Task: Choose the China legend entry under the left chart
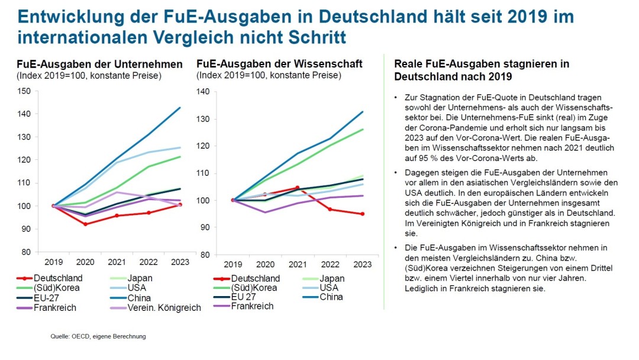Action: [x=138, y=298]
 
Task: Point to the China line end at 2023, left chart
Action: [x=180, y=107]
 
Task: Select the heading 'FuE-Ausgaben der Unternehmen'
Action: [x=99, y=64]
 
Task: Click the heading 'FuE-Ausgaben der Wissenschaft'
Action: [x=279, y=64]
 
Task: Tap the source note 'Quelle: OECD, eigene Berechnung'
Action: [x=98, y=336]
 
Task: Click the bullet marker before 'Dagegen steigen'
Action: [x=396, y=172]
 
